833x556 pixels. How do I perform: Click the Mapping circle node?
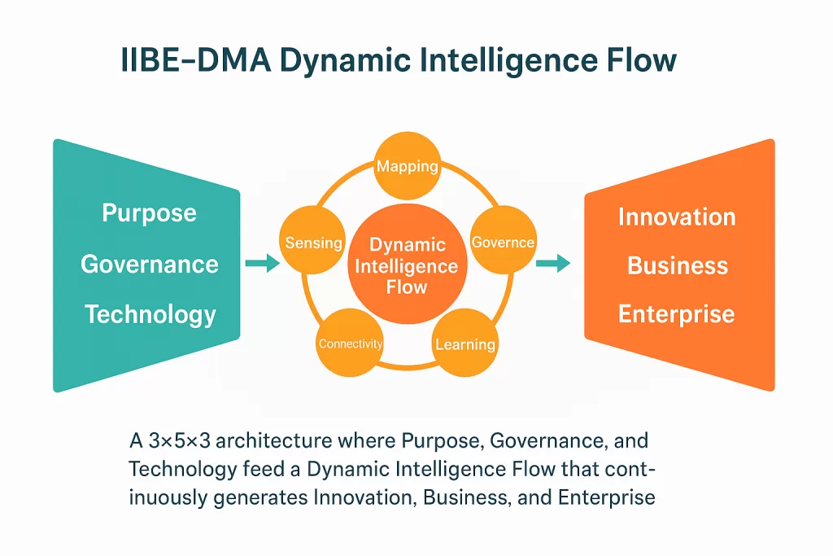[x=407, y=166]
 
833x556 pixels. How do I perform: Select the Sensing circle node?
[x=312, y=242]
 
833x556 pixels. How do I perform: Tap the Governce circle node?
[x=504, y=242]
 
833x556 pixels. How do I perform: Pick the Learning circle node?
[x=465, y=344]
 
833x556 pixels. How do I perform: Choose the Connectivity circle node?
[x=350, y=344]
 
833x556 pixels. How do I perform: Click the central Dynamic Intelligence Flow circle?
[x=408, y=266]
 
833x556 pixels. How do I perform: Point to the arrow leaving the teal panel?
[x=261, y=263]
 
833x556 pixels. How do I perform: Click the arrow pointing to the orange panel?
[x=553, y=263]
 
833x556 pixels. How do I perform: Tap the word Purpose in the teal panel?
[x=149, y=213]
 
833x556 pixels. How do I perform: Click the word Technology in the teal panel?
[x=150, y=314]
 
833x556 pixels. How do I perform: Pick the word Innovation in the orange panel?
[x=677, y=217]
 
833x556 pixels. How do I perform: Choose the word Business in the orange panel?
[x=678, y=265]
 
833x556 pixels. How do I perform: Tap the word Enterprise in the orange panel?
[x=677, y=314]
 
